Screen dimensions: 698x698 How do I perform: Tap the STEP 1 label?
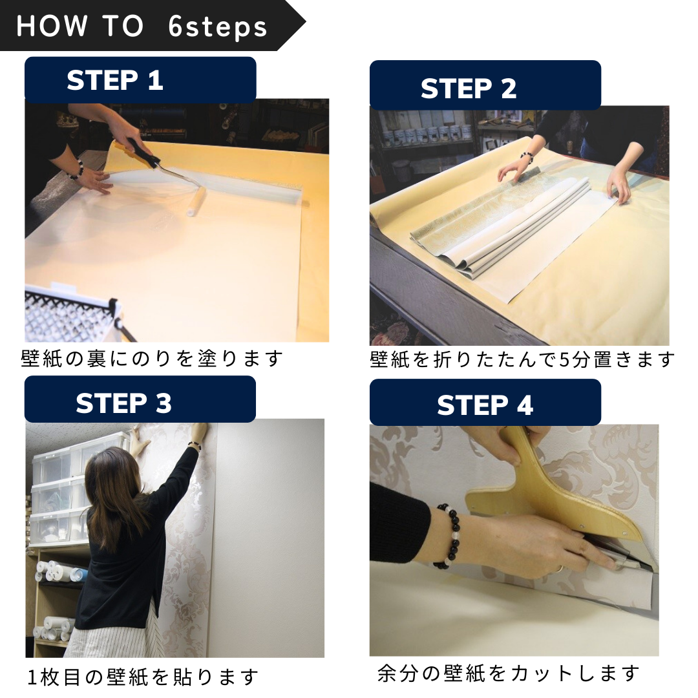115,81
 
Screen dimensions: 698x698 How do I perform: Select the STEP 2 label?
469,89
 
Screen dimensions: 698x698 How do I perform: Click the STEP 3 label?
123,403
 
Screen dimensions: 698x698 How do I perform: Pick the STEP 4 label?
485,406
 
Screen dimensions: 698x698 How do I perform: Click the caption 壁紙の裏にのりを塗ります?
152,358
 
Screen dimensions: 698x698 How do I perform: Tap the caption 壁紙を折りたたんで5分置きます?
522,359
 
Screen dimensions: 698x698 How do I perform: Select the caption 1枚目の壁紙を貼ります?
143,677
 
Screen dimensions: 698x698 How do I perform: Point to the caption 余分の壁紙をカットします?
508,673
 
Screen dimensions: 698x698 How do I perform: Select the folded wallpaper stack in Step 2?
504,226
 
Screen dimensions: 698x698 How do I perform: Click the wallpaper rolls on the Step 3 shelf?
55,572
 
